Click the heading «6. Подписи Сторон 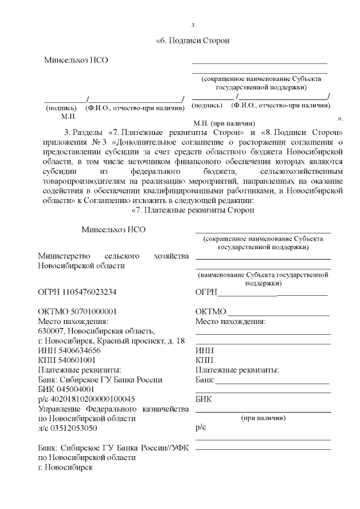pos(193,41)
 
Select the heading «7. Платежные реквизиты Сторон pos(193,210)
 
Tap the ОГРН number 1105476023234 pos(91,292)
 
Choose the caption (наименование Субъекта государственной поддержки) pos(262,279)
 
